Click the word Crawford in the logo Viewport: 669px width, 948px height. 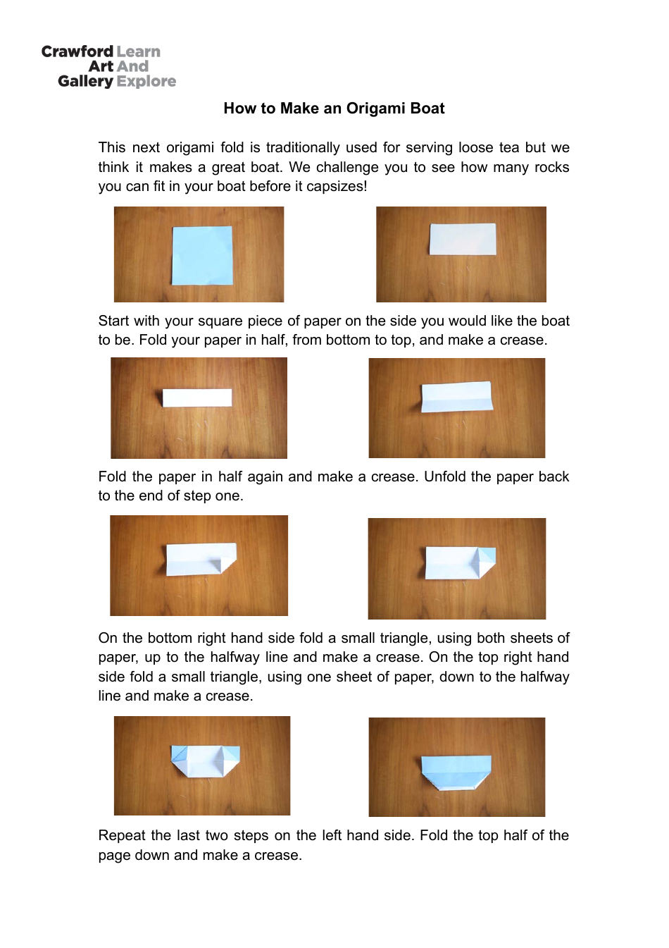pyautogui.click(x=77, y=51)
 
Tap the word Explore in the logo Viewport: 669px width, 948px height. pyautogui.click(x=146, y=82)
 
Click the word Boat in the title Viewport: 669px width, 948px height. pyautogui.click(x=427, y=109)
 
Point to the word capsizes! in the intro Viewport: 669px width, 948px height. pyautogui.click(x=334, y=187)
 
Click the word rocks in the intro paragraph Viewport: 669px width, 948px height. pyautogui.click(x=551, y=167)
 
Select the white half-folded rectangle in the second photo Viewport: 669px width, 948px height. pyautogui.click(x=463, y=239)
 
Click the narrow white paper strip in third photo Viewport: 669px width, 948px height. pyautogui.click(x=197, y=398)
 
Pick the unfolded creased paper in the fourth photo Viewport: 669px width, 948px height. pyautogui.click(x=456, y=398)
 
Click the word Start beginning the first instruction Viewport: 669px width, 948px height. pyautogui.click(x=114, y=321)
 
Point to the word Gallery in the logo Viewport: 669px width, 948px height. pyautogui.click(x=85, y=82)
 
